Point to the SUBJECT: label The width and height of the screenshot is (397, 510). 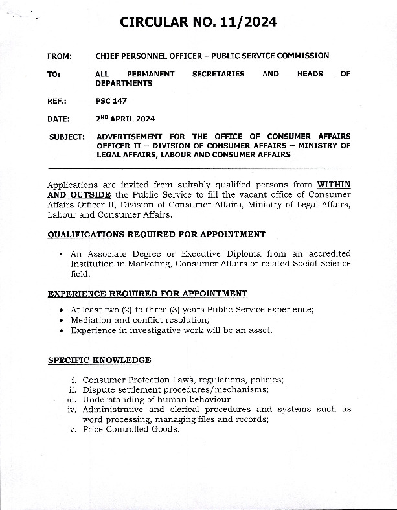pos(67,137)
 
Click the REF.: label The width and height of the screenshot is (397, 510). pos(58,101)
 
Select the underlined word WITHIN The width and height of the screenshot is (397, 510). pos(334,185)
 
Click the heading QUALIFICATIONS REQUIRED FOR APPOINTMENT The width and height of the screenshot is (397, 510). pos(156,234)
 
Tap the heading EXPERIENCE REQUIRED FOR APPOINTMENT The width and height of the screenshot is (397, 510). pos(147,294)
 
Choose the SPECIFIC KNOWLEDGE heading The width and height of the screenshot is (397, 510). pos(99,360)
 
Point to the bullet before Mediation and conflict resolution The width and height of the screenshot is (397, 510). pos(61,320)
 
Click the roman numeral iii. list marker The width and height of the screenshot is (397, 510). pos(72,400)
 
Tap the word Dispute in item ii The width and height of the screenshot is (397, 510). pos(98,389)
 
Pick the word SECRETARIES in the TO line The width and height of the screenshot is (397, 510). pos(218,74)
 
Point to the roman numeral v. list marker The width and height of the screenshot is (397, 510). pos(74,429)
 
